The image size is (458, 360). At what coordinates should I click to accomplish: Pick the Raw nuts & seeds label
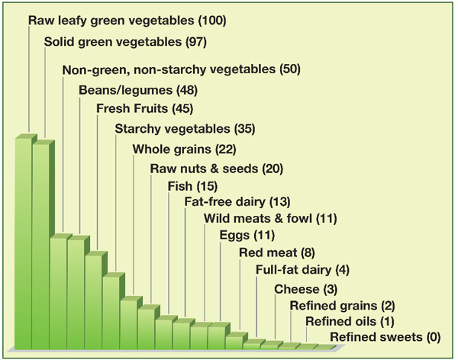pyautogui.click(x=216, y=168)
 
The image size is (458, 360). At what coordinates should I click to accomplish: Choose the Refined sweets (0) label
pyautogui.click(x=385, y=337)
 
